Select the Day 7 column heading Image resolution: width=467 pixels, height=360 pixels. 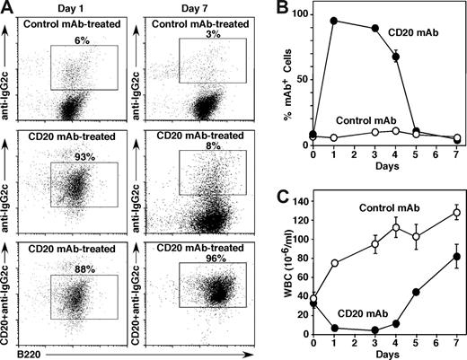coord(205,8)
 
